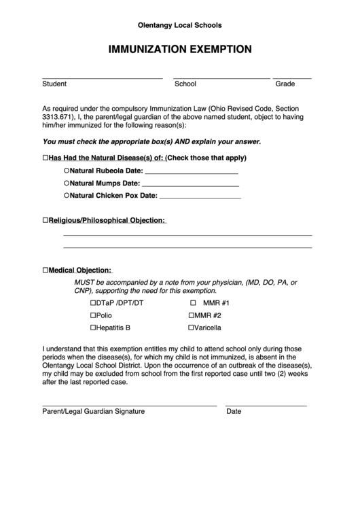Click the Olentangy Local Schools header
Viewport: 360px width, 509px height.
[180, 25]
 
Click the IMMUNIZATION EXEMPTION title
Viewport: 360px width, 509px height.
[180, 49]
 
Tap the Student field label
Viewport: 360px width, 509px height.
[54, 84]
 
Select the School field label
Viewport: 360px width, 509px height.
[185, 84]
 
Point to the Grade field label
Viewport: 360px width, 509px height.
[285, 84]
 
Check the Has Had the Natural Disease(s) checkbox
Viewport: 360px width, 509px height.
[46, 158]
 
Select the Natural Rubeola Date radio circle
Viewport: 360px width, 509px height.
[67, 170]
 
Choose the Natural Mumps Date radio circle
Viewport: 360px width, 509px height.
[67, 183]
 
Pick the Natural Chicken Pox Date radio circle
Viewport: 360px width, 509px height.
[67, 196]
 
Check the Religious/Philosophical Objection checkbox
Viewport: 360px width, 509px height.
[46, 221]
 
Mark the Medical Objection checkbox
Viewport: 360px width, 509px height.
[46, 269]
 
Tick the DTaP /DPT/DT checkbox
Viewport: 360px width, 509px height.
[93, 303]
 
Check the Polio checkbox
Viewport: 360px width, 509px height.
[93, 315]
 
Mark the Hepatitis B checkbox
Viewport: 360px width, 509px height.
[93, 328]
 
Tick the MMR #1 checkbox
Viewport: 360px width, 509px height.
[193, 303]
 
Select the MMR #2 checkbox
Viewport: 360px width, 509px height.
[192, 315]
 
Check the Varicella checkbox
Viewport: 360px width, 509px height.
[192, 328]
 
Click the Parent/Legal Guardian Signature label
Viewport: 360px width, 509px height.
[93, 412]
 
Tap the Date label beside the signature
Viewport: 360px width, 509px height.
[234, 412]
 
